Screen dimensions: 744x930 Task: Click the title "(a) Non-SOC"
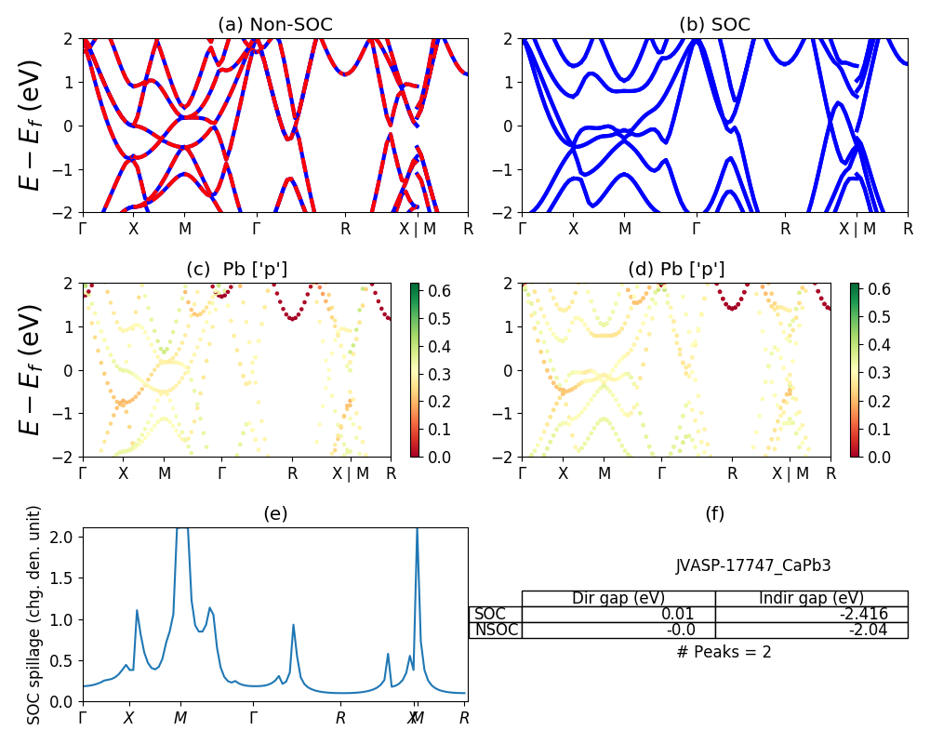pyautogui.click(x=274, y=25)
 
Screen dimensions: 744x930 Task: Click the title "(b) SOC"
pyautogui.click(x=714, y=25)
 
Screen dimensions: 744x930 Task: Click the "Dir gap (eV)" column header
pyautogui.click(x=618, y=598)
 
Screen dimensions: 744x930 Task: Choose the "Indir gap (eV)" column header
pyautogui.click(x=811, y=598)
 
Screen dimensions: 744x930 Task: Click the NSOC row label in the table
pyautogui.click(x=495, y=630)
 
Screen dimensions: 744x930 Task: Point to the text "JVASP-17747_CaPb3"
pyautogui.click(x=752, y=565)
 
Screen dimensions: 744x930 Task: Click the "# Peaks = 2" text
pyautogui.click(x=724, y=652)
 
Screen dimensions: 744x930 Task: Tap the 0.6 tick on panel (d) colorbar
pyautogui.click(x=880, y=289)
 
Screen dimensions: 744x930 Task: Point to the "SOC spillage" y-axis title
pyautogui.click(x=34, y=615)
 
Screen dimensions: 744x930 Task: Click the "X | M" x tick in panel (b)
pyautogui.click(x=857, y=228)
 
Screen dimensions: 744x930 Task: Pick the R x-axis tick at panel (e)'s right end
pyautogui.click(x=464, y=717)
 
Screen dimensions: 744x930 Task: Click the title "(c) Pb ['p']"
pyautogui.click(x=236, y=270)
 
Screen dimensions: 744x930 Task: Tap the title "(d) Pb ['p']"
pyautogui.click(x=676, y=270)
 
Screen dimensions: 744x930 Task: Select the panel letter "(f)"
pyautogui.click(x=714, y=513)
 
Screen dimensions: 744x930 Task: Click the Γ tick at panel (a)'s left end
pyautogui.click(x=83, y=228)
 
